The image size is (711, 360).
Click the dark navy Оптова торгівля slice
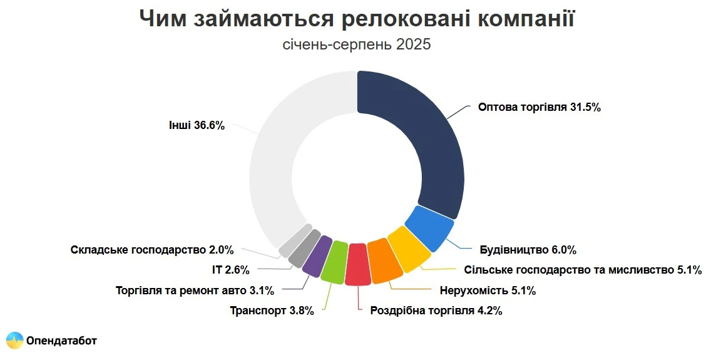pyautogui.click(x=426, y=138)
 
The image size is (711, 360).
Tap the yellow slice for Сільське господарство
pyautogui.click(x=408, y=249)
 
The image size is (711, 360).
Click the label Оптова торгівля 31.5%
pyautogui.click(x=539, y=107)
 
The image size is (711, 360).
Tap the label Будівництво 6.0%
pyautogui.click(x=528, y=250)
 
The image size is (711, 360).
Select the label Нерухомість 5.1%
pyautogui.click(x=488, y=291)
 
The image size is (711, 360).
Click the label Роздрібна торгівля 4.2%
pyautogui.click(x=436, y=311)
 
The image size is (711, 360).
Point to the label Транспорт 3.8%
pyautogui.click(x=272, y=311)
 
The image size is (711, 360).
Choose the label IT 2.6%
pyautogui.click(x=231, y=270)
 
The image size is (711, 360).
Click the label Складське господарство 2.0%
pyautogui.click(x=152, y=250)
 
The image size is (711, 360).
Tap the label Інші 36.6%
pyautogui.click(x=197, y=125)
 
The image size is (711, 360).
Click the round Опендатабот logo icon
pyautogui.click(x=15, y=340)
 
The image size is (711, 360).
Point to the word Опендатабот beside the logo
pyautogui.click(x=61, y=341)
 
